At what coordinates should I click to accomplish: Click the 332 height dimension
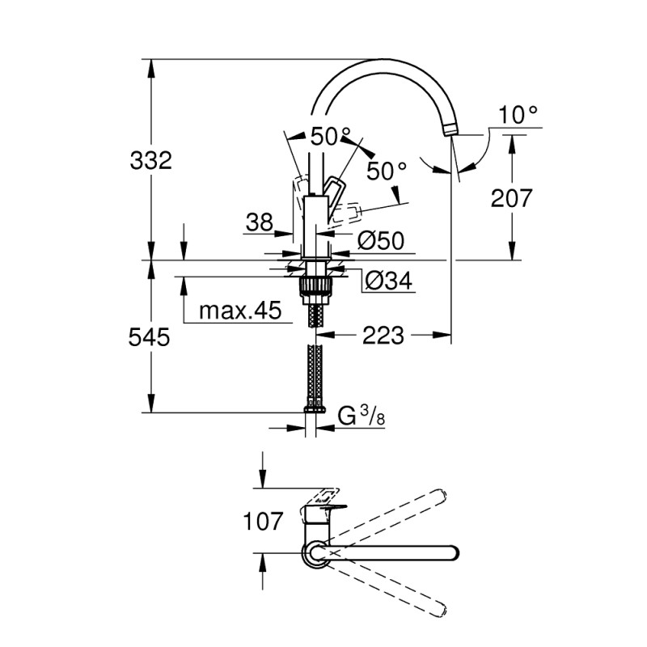click(x=151, y=160)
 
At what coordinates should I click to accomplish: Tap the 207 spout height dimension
click(x=510, y=197)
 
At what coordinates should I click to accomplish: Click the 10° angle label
click(x=518, y=115)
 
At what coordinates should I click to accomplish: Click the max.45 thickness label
click(x=235, y=311)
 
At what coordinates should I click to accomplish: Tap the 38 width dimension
click(x=260, y=223)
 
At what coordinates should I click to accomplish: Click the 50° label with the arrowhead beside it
click(x=386, y=171)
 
